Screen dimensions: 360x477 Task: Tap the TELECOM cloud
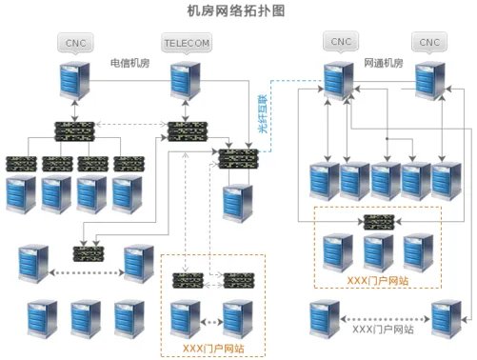click(187, 44)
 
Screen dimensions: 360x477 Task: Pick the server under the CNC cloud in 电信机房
click(72, 83)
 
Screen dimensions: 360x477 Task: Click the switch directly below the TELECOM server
click(187, 129)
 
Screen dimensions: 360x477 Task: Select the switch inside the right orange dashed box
click(379, 222)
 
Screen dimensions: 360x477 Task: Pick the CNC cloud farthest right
click(429, 42)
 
